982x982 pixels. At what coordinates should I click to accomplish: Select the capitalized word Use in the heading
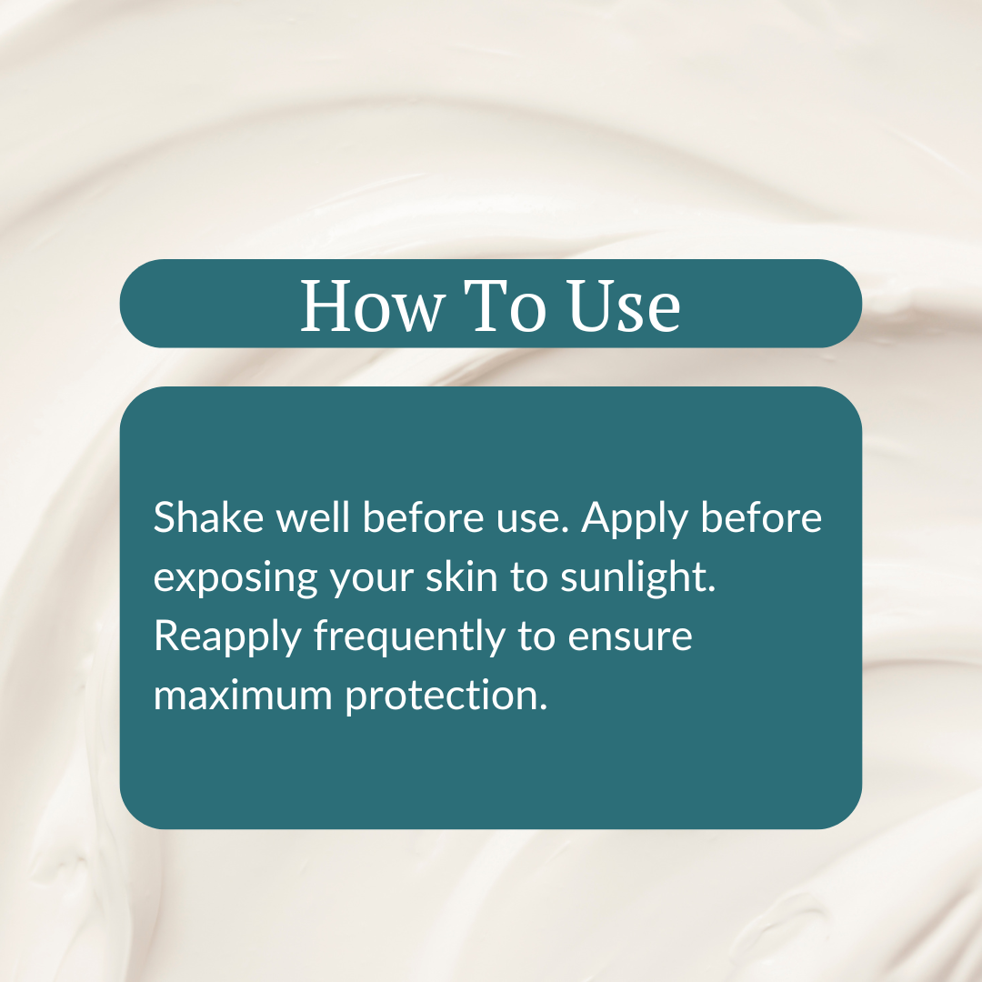point(626,306)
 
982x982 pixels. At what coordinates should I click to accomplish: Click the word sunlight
point(638,579)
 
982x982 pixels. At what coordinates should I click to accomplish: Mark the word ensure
point(630,638)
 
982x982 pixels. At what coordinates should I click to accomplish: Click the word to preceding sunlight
point(528,578)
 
